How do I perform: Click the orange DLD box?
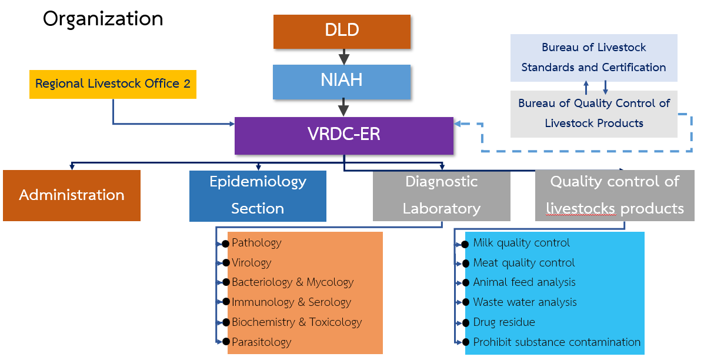click(342, 31)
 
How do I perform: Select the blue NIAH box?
click(342, 81)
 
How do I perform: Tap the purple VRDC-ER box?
click(343, 135)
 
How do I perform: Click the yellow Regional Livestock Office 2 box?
click(112, 84)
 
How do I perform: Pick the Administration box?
click(71, 195)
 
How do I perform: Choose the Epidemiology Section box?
click(258, 195)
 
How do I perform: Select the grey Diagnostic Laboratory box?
click(441, 195)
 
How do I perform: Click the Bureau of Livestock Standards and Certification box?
click(593, 57)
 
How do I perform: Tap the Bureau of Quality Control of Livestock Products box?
click(593, 114)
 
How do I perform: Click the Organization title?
click(103, 19)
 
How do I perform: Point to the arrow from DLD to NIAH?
click(344, 57)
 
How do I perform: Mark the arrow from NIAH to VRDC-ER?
click(344, 108)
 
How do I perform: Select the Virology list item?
click(251, 263)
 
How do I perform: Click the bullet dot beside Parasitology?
click(225, 342)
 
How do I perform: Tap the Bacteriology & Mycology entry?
click(292, 282)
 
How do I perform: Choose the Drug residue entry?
click(504, 322)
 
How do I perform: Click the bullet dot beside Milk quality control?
click(465, 244)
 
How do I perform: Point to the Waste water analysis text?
click(525, 302)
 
